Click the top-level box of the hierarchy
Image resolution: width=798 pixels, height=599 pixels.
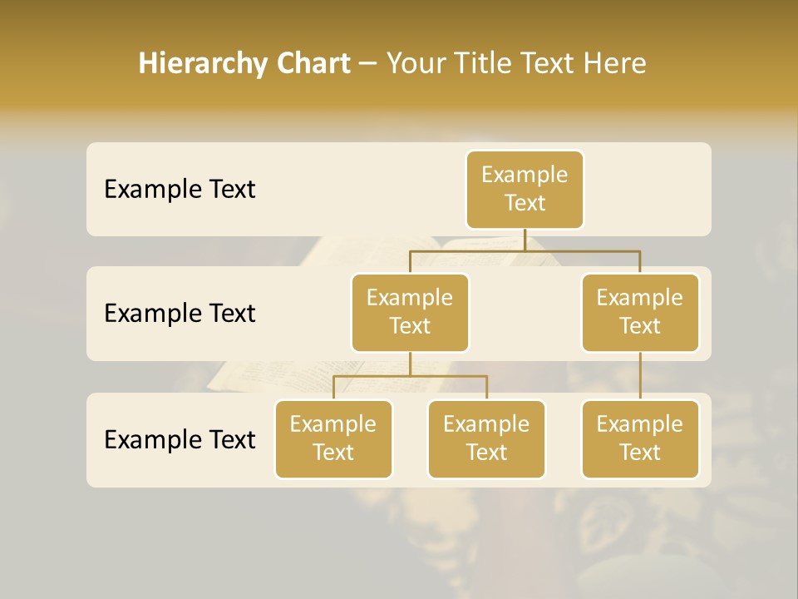525,189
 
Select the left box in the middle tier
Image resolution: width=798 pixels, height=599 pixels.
410,312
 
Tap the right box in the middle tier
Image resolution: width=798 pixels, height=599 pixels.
640,312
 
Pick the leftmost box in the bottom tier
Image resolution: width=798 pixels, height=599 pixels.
333,438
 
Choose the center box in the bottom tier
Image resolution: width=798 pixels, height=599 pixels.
486,438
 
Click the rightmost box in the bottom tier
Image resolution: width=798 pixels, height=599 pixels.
640,438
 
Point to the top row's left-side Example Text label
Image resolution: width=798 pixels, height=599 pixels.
180,190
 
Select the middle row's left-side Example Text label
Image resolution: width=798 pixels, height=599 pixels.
180,314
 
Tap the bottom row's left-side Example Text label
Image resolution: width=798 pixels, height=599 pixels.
180,439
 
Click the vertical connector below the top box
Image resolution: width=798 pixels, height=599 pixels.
525,239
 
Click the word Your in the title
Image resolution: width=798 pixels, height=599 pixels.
417,63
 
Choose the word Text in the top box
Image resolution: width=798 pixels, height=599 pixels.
525,203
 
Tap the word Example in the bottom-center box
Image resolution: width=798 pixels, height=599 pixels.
486,424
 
